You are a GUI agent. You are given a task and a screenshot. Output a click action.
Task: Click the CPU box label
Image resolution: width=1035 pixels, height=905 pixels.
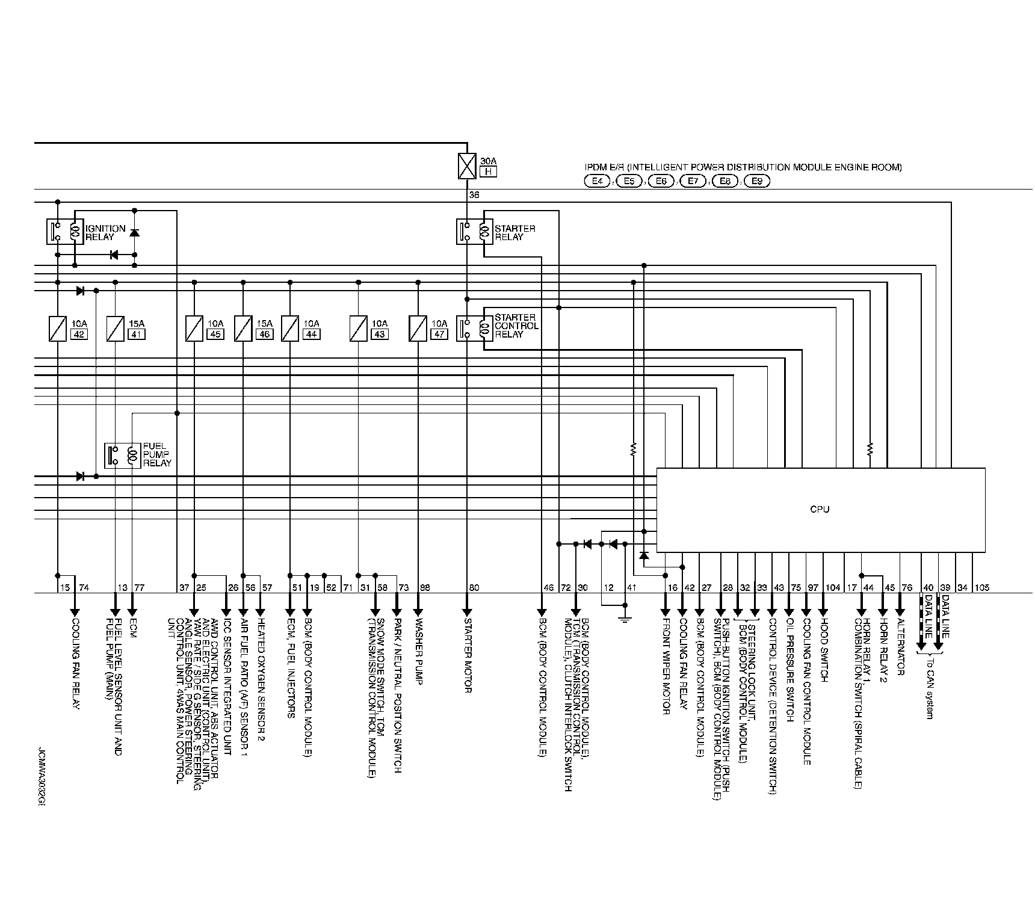(820, 510)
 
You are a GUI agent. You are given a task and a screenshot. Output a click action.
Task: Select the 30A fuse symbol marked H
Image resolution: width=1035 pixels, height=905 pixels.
(467, 166)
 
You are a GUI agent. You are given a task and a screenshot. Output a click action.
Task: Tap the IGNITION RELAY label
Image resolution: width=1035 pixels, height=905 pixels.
(105, 232)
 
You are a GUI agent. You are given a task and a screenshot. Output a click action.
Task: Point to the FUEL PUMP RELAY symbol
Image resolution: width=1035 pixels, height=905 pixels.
(122, 455)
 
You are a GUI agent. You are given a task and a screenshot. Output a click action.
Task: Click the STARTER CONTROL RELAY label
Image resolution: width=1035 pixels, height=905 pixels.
(516, 326)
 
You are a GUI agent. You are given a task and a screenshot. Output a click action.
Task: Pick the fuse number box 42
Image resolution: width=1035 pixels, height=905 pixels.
(79, 334)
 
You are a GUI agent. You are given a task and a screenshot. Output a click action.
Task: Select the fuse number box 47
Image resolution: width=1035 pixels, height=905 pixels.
(440, 334)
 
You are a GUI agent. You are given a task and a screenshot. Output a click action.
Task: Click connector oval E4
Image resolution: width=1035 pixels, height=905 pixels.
(597, 181)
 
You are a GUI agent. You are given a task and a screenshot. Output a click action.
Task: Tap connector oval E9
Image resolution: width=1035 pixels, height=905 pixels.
(757, 181)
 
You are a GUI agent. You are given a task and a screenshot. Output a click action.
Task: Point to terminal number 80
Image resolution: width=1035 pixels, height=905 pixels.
(474, 588)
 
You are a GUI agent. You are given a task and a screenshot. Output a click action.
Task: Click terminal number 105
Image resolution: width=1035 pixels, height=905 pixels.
(981, 588)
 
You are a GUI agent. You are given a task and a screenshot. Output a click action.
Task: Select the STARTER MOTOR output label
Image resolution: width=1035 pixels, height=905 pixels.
(467, 656)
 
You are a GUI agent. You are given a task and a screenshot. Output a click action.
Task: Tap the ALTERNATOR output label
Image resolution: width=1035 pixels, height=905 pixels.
(900, 647)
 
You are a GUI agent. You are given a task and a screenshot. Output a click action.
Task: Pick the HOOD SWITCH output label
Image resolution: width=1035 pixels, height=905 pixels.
(824, 650)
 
